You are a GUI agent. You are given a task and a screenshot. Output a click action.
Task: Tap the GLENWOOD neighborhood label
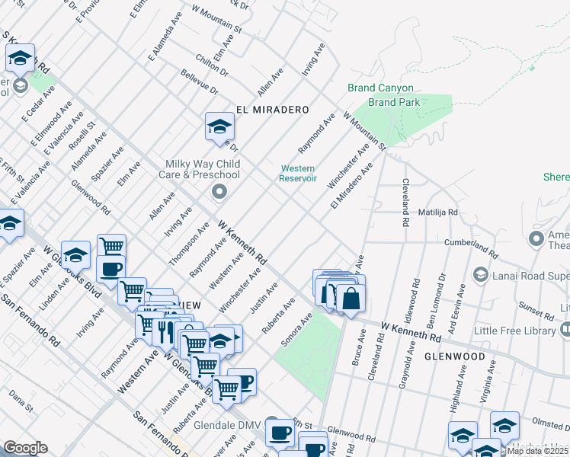coord(454,356)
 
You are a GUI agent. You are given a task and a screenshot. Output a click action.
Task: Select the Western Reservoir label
coord(298,174)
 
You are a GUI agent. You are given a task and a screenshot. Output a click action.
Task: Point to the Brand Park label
coord(394,102)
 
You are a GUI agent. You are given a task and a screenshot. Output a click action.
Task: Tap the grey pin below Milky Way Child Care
coord(219,191)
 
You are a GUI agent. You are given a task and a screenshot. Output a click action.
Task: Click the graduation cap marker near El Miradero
coord(219,127)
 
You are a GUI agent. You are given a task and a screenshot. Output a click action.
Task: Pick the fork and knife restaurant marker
coord(165,331)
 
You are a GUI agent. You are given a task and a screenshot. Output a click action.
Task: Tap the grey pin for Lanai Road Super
coord(480,273)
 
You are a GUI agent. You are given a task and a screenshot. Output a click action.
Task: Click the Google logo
coord(25,448)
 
